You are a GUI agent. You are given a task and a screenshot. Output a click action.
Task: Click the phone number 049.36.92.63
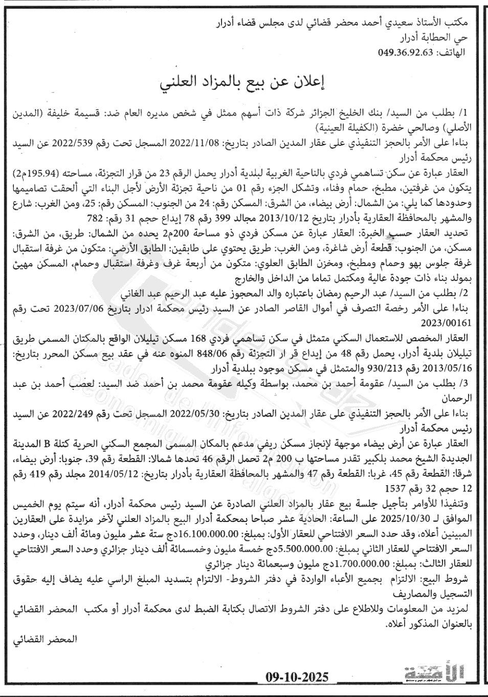pyautogui.click(x=406, y=52)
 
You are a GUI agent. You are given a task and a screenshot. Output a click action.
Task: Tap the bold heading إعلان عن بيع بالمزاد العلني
pyautogui.click(x=243, y=82)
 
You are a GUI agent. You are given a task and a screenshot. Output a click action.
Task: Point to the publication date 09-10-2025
pyautogui.click(x=297, y=678)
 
